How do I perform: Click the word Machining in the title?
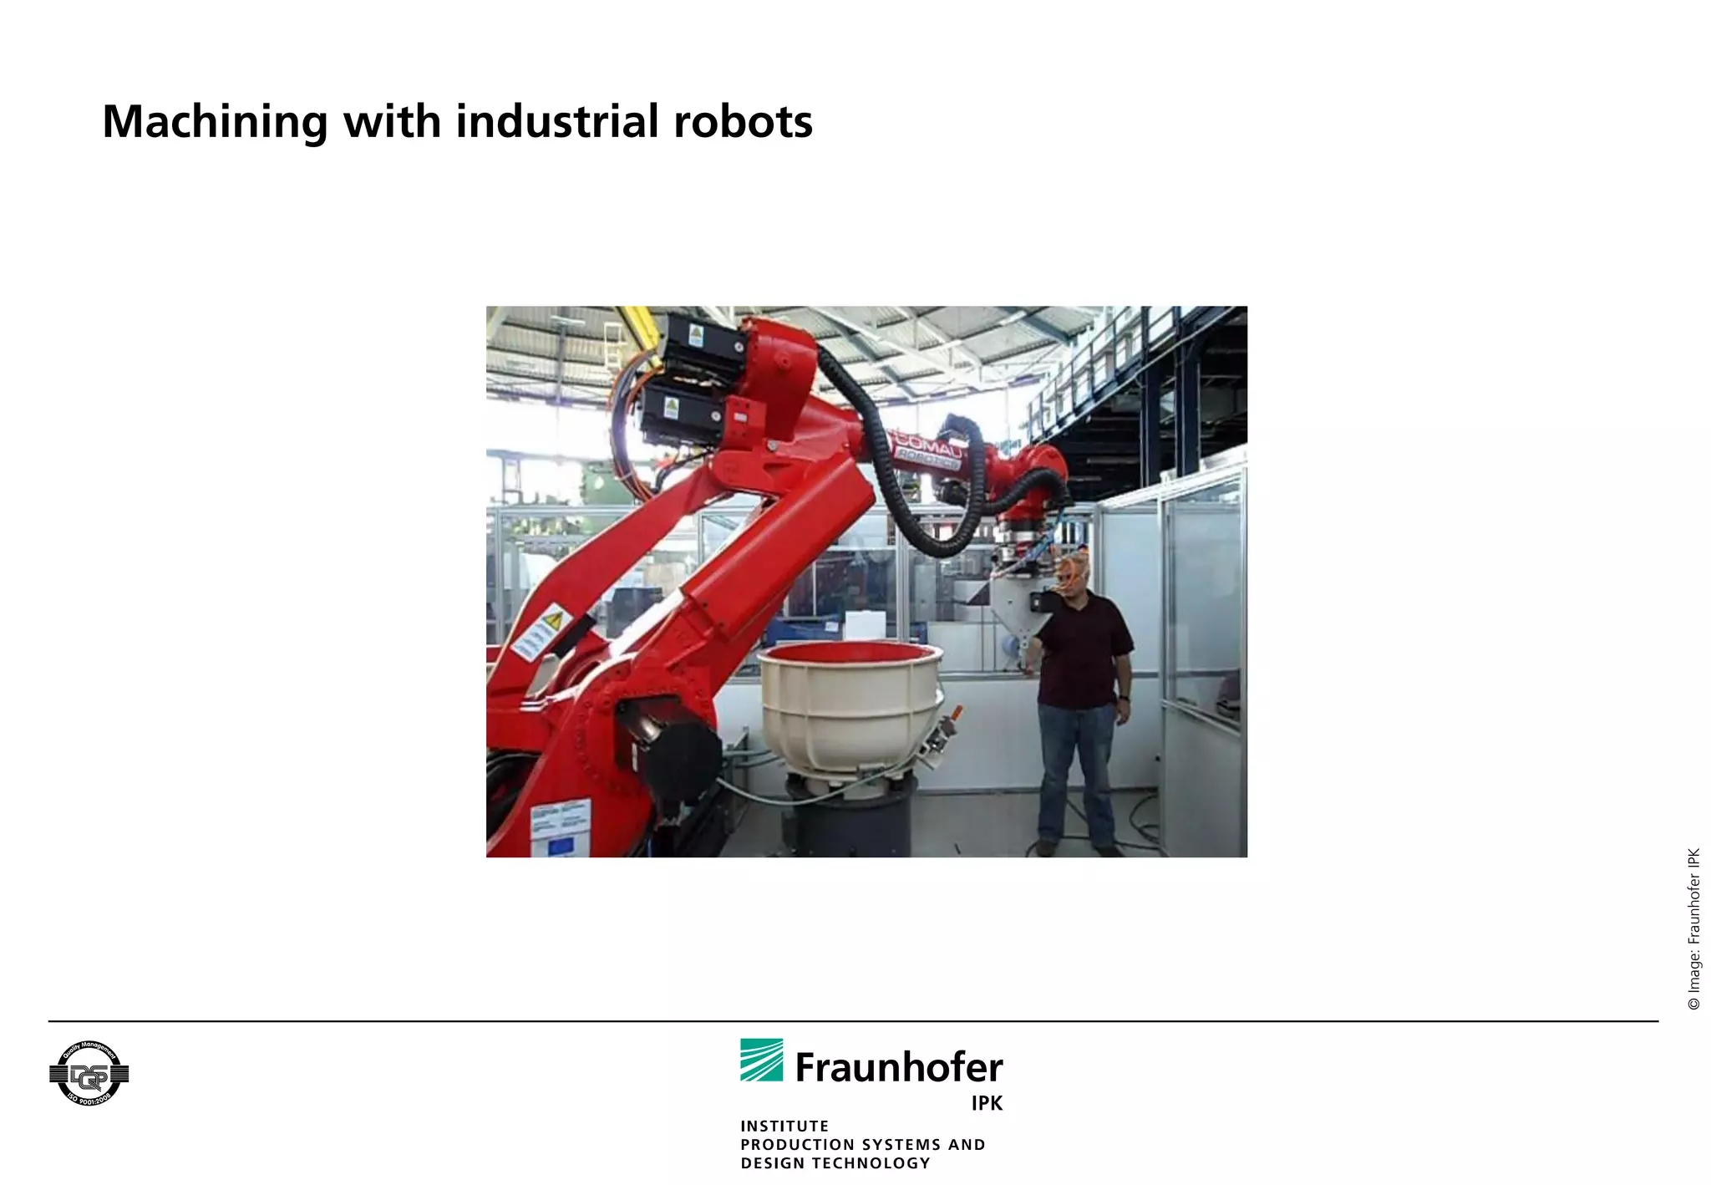tap(214, 122)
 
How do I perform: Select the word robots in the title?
tap(743, 122)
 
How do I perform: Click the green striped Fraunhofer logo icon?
tap(761, 1060)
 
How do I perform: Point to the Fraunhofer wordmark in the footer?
tap(899, 1068)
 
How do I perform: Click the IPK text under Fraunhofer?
tap(987, 1103)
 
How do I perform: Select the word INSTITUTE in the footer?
tap(784, 1126)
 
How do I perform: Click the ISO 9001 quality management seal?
tap(89, 1074)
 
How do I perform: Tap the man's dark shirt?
tap(1084, 648)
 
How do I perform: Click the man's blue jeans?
tap(1077, 769)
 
